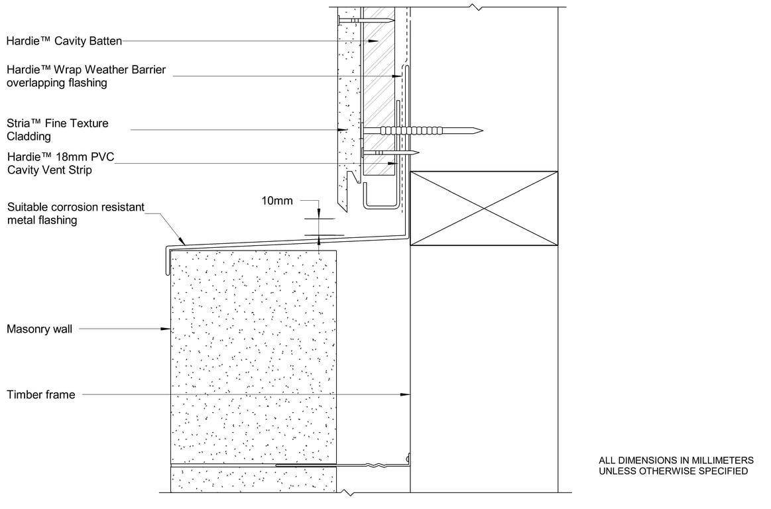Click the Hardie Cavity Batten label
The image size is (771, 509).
click(x=64, y=41)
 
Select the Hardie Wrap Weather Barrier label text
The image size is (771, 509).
click(x=86, y=76)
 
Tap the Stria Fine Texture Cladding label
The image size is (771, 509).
click(x=58, y=129)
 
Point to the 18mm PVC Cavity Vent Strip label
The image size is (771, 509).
click(x=60, y=163)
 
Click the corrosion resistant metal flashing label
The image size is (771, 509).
click(x=76, y=213)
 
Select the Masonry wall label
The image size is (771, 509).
click(x=39, y=329)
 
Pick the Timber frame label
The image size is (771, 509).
click(x=41, y=394)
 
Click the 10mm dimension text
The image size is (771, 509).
click(x=277, y=201)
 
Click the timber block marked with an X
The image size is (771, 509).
click(x=484, y=208)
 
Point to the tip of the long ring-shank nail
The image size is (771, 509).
click(x=483, y=131)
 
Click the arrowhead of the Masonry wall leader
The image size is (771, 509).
click(x=166, y=329)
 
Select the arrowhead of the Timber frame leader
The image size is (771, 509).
click(x=405, y=394)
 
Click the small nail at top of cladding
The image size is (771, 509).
click(x=366, y=21)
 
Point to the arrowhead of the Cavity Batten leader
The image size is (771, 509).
click(x=374, y=41)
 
